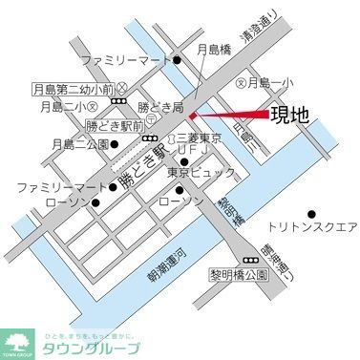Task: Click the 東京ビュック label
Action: tap(195, 173)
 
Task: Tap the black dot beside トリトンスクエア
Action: tap(310, 213)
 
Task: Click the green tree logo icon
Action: tap(19, 339)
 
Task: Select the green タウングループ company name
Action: tap(91, 348)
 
